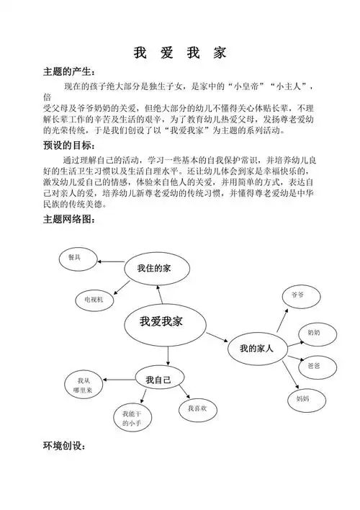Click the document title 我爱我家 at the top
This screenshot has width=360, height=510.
pyautogui.click(x=180, y=53)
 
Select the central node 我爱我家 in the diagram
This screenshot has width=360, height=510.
pyautogui.click(x=161, y=321)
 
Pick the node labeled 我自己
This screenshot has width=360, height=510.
pyautogui.click(x=158, y=380)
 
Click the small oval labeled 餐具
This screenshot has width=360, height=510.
pyautogui.click(x=74, y=257)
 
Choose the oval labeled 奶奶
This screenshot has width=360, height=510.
pyautogui.click(x=314, y=333)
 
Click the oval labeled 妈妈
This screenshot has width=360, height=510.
pyautogui.click(x=302, y=397)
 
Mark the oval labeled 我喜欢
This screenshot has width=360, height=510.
pyautogui.click(x=197, y=408)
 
